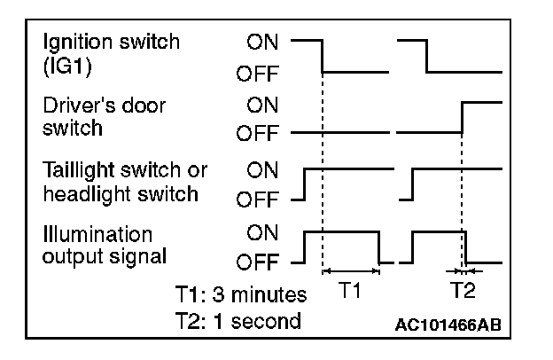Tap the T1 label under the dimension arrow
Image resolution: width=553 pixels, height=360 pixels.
point(350,293)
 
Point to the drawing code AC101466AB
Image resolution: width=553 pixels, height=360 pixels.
point(448,325)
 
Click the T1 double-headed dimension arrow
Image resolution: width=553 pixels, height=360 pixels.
point(350,270)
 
